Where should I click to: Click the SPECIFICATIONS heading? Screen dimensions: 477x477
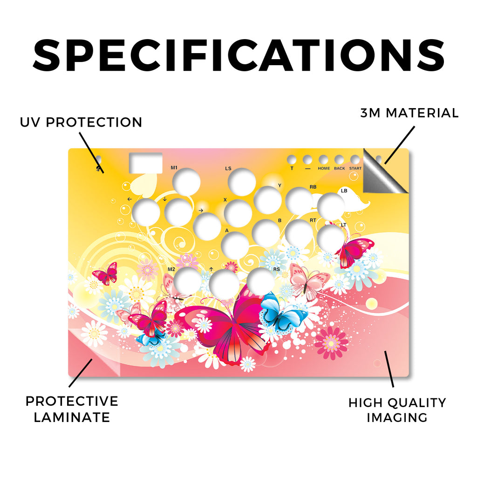[239, 55]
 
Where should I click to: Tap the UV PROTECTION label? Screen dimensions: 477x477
[81, 123]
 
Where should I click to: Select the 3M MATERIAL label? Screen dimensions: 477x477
[409, 113]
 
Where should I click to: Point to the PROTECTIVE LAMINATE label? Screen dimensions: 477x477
[72, 409]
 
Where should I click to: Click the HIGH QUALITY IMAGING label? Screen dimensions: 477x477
[397, 410]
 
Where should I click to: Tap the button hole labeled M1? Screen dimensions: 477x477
[186, 182]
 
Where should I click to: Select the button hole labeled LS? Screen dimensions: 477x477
[242, 182]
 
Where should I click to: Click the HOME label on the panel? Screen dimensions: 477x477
[324, 168]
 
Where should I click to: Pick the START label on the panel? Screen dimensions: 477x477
[355, 168]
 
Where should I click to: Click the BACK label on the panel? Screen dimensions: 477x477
[340, 168]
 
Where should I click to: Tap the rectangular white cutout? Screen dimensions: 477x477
[146, 163]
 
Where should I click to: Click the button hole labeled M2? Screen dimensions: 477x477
[188, 281]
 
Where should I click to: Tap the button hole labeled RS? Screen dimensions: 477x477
[261, 281]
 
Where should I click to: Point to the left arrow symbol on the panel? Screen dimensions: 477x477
[129, 199]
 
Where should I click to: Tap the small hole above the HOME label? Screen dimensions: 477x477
[323, 159]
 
